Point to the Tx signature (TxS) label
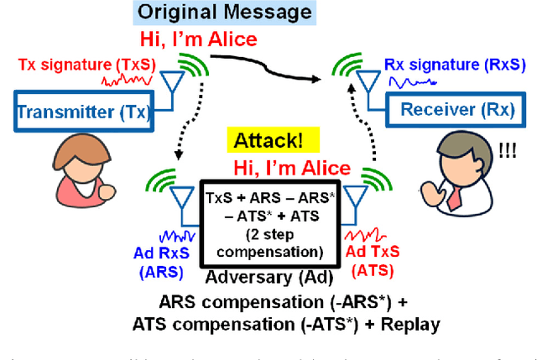tap(74, 64)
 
